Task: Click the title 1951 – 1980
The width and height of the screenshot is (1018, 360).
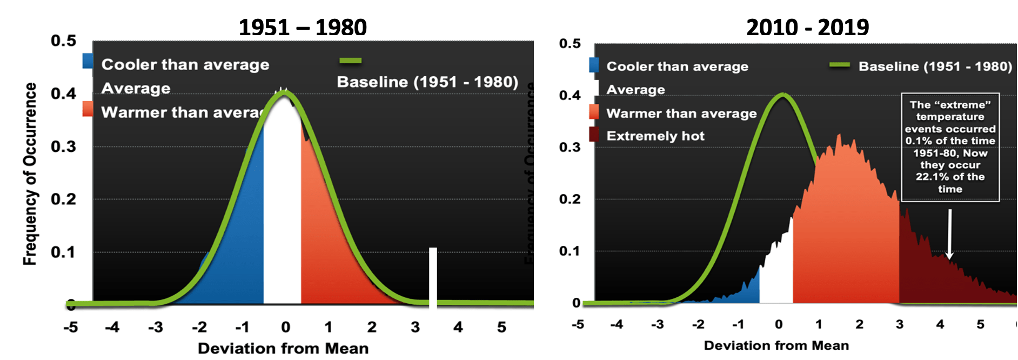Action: [303, 27]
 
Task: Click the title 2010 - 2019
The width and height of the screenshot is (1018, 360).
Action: [807, 27]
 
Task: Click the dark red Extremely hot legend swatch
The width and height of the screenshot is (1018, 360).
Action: [594, 135]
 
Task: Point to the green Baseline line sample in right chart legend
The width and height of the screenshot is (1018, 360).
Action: [840, 65]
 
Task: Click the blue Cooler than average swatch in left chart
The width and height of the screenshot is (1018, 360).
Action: [88, 61]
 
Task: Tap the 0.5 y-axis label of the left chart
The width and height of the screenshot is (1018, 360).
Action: [63, 41]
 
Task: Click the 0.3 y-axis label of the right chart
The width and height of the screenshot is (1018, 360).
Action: [570, 147]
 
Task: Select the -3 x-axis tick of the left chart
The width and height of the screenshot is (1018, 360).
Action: [156, 327]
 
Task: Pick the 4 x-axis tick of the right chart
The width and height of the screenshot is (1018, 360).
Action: [940, 324]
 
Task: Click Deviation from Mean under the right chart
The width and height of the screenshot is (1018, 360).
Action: [776, 345]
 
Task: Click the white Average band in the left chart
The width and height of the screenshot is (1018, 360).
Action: [282, 216]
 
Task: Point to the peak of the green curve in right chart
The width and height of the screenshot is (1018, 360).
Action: [783, 95]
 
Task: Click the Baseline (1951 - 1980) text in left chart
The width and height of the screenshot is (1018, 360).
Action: [427, 82]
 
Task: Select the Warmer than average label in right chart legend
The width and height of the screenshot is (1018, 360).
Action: [681, 114]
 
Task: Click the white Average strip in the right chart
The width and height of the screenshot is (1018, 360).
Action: [776, 276]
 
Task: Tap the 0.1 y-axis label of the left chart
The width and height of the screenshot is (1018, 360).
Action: [63, 252]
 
